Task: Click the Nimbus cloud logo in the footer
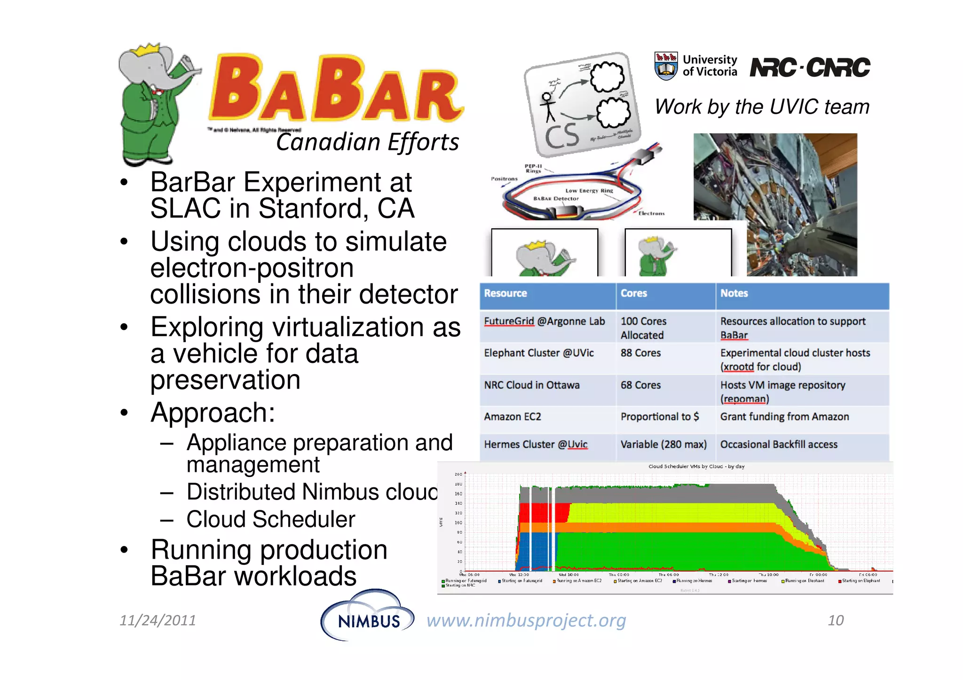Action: (367, 616)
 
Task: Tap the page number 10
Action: (836, 620)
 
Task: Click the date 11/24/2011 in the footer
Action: (158, 620)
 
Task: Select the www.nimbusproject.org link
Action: (526, 620)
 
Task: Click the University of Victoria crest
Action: (666, 66)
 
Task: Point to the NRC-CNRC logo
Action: (810, 67)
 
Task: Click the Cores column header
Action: (633, 293)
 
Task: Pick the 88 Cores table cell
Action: (640, 353)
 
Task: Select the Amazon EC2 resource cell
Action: (513, 417)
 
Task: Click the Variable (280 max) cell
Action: (663, 445)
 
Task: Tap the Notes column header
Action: (734, 293)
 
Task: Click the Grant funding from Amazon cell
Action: (784, 417)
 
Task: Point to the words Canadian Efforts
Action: (367, 142)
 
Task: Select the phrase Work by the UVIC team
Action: (762, 107)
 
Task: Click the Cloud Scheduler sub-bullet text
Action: (270, 519)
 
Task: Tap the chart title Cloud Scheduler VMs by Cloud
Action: (696, 467)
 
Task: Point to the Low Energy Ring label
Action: (589, 191)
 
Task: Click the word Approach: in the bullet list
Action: (213, 413)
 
